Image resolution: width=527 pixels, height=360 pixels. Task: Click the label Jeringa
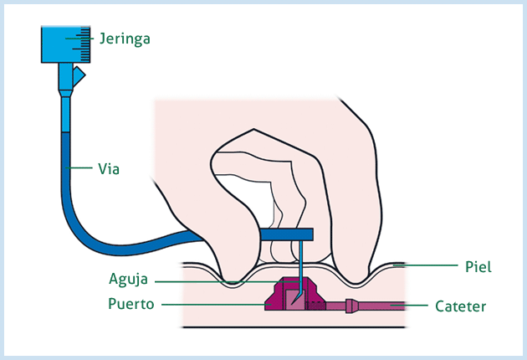(124, 39)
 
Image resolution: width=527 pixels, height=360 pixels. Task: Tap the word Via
(109, 168)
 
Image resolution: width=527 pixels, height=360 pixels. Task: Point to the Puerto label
(131, 304)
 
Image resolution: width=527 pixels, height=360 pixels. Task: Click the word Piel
(478, 267)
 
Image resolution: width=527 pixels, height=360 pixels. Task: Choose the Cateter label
(460, 306)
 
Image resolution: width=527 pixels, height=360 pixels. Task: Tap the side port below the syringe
(78, 78)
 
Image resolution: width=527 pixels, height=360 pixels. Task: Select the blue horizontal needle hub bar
(285, 234)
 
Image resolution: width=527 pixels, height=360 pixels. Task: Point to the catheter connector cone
(351, 306)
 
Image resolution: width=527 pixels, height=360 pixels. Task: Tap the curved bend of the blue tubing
(84, 230)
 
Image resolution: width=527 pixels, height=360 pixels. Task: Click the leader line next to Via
(80, 168)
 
